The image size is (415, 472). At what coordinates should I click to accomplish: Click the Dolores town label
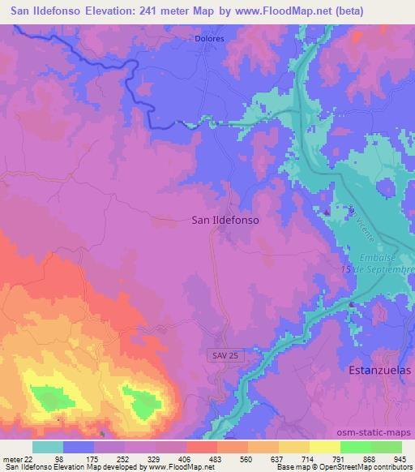point(209,37)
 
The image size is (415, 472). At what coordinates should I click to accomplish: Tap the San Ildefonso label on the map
point(224,218)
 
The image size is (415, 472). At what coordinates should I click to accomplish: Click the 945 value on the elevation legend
point(400,458)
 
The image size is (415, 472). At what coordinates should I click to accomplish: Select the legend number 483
point(216,458)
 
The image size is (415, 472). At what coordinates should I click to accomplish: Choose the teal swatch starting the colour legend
point(48,447)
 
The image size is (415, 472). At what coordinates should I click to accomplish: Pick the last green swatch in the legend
point(387,447)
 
